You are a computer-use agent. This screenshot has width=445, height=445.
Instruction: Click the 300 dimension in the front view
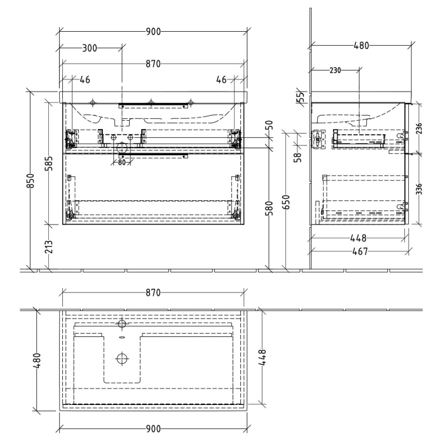pos(90,48)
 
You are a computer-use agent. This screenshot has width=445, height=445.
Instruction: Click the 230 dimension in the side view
pos(336,70)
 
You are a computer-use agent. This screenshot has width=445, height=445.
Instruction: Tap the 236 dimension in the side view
pos(419,128)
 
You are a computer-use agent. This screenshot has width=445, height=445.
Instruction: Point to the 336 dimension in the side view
pos(419,189)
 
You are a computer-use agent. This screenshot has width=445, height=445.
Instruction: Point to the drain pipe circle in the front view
pos(122,147)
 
